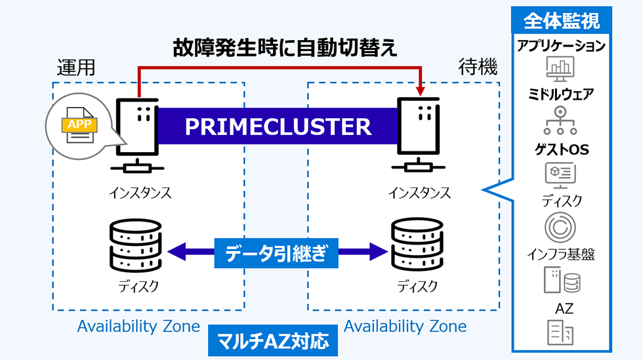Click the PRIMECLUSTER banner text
pos(278,126)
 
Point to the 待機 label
pos(478,68)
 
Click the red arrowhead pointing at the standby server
pos(420,89)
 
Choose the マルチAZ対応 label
pos(276,341)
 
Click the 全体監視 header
pos(561,21)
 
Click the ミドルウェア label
pos(560,95)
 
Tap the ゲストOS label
pos(560,150)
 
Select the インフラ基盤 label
pos(560,255)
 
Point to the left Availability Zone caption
pos(138,326)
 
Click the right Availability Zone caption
pos(405,326)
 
